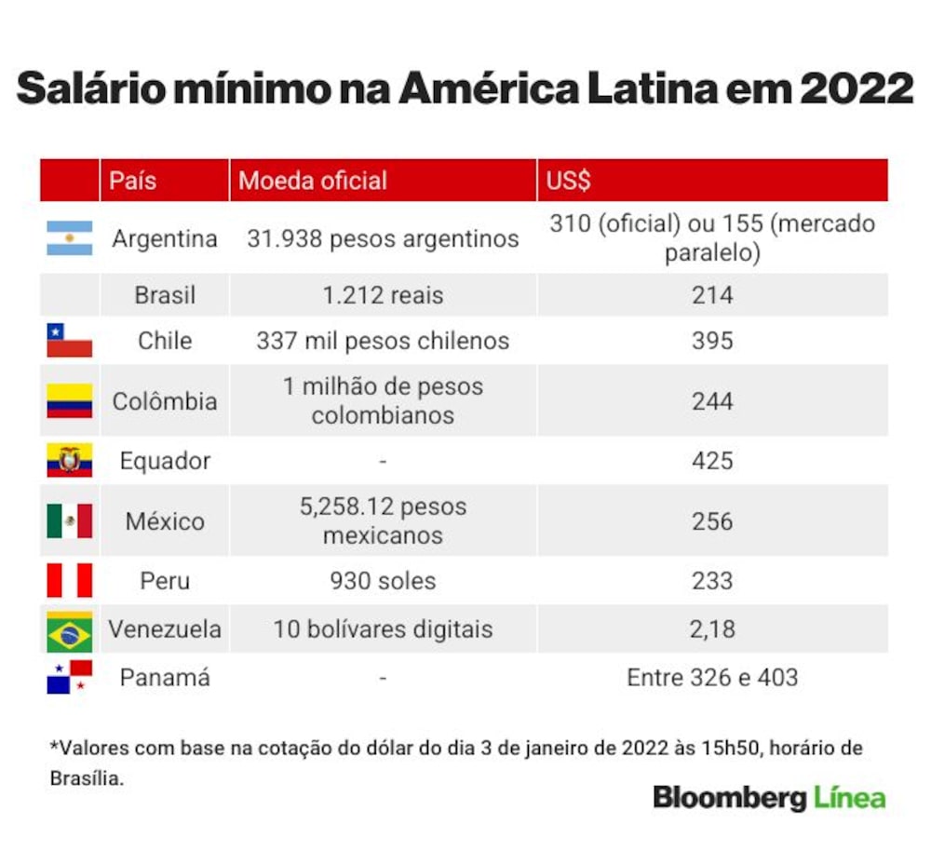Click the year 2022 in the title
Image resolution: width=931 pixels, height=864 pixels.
[x=856, y=88]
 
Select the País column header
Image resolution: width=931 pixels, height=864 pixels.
[x=132, y=181]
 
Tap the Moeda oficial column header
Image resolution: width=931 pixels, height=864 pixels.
[x=312, y=181]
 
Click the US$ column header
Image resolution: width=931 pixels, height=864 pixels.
[x=568, y=181]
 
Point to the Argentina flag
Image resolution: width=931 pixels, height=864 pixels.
[x=70, y=238]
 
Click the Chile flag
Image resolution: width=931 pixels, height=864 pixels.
[x=70, y=340]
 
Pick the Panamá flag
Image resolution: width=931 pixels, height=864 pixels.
[x=70, y=677]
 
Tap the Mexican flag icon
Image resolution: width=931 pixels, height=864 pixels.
[x=70, y=520]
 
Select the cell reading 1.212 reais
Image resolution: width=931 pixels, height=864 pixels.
[x=383, y=295]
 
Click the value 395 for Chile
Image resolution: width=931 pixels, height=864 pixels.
[x=712, y=341]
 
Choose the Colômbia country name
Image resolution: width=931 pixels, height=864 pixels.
[x=165, y=401]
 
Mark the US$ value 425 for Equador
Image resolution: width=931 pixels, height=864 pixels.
[x=712, y=461]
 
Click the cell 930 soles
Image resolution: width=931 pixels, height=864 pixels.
[x=383, y=581]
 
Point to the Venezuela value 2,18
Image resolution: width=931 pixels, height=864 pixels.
[x=712, y=629]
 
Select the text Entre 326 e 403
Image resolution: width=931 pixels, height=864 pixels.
[x=712, y=678]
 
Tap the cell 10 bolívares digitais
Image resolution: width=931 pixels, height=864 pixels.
[x=383, y=629]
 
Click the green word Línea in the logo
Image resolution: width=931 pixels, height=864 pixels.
[x=850, y=797]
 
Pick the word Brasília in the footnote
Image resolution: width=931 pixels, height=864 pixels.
[x=87, y=778]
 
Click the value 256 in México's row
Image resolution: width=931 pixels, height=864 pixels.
[x=712, y=521]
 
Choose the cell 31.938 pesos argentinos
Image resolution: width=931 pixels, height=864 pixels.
[x=383, y=238]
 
